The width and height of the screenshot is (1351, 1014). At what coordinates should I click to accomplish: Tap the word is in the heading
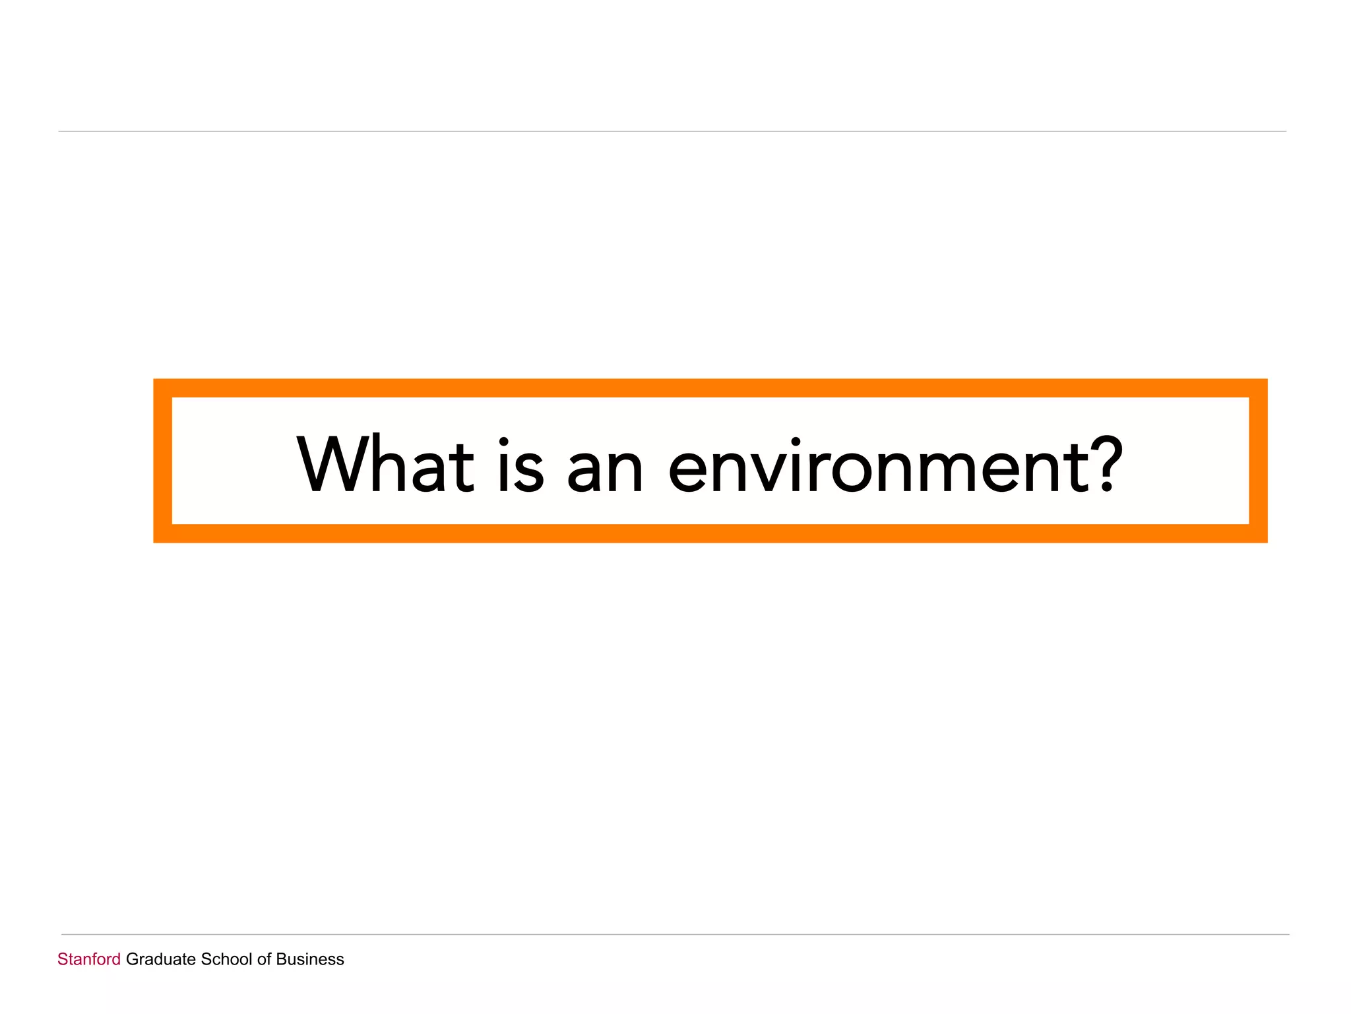[x=521, y=465]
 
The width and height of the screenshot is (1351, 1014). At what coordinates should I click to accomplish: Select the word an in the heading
[x=605, y=470]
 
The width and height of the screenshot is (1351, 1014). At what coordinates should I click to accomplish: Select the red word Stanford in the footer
[x=89, y=959]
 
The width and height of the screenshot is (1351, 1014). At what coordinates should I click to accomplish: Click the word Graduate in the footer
[x=161, y=959]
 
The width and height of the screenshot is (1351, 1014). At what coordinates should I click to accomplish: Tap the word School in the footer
[x=226, y=959]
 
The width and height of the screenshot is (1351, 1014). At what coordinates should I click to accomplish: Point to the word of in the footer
[x=264, y=959]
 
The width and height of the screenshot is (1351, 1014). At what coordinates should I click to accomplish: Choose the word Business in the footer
[x=310, y=959]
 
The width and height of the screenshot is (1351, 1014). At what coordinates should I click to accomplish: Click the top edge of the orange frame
[x=710, y=388]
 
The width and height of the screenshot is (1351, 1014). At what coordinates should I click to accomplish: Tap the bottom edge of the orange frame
[x=710, y=533]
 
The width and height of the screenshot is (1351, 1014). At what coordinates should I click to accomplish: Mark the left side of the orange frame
[x=163, y=461]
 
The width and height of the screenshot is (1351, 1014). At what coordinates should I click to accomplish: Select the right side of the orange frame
[x=1258, y=461]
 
